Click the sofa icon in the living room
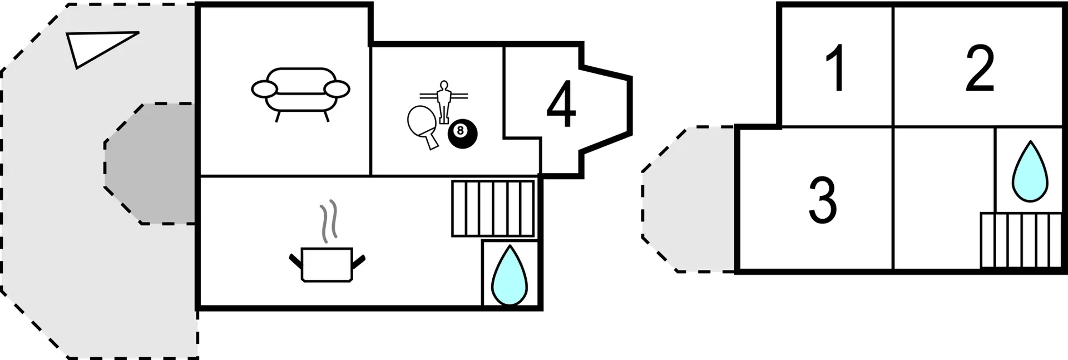pos(300,92)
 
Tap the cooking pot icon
pos(327,264)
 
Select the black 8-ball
pos(462,134)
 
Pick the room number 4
pos(561,105)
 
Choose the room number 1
pos(835,69)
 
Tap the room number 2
pos(979,69)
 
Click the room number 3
pos(822,200)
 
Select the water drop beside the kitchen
pos(509,276)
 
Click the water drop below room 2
pos(1030,172)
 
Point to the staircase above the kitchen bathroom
pos(493,208)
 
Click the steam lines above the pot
pos(329,220)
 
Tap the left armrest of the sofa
pos(264,88)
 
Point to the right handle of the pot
pos(358,260)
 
